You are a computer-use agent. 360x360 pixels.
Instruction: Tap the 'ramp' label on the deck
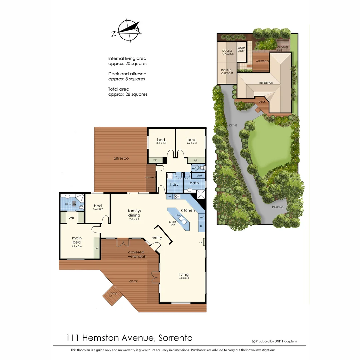pos(113,293)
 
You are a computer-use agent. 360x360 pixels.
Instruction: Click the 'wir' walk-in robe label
pos(71,217)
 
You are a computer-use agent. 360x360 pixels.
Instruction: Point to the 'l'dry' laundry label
pos(174,184)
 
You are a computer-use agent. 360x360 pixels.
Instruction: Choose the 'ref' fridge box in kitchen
pos(201,217)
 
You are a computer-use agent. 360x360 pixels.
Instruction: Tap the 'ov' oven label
pos(169,196)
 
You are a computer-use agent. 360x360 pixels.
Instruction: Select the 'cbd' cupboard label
pos(199,175)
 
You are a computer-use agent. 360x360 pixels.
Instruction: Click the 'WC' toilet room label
pos(194,168)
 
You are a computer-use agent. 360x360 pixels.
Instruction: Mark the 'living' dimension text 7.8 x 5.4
pos(183,278)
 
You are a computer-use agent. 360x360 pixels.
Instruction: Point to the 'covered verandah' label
pos(136,254)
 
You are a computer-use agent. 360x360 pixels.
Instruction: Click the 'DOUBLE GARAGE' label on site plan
pos(228,52)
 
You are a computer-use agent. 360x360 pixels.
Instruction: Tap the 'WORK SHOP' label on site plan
pos(241,49)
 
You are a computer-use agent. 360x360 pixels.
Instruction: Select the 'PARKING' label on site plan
pos(277,207)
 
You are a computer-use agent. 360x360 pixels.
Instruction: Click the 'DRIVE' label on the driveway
pos(233,125)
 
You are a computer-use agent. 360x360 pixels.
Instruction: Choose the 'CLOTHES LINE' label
pos(282,49)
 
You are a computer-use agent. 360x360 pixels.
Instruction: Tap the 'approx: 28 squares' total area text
pos(128,94)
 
